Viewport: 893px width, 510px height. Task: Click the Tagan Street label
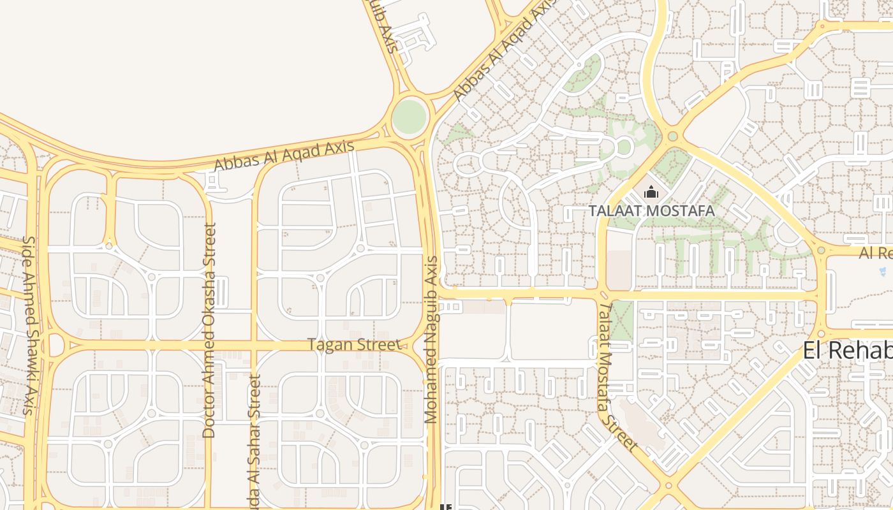355,345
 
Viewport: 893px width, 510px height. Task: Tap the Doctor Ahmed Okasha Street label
209,330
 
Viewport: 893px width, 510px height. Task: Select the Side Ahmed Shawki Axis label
29,325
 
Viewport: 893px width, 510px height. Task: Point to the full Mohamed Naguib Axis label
432,340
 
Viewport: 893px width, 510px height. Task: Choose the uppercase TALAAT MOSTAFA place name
651,210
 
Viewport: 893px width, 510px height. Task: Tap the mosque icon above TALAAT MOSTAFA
651,192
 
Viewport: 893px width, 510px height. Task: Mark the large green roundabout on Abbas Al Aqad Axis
409,117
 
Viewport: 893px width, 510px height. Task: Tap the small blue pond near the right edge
883,272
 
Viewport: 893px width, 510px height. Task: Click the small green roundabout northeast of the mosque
672,136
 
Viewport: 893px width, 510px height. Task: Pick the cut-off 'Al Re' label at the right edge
875,253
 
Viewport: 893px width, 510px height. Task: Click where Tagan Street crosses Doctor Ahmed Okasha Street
209,346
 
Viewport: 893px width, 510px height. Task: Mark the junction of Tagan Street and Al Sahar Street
255,346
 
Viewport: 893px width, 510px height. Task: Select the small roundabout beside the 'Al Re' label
821,251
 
